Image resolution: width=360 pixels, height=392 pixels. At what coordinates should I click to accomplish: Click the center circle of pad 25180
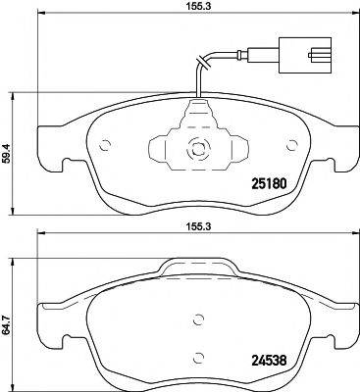tap(196, 151)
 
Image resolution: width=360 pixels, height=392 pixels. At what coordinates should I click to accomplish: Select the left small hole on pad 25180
tap(107, 147)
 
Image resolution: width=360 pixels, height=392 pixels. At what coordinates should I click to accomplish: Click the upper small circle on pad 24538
tap(197, 318)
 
